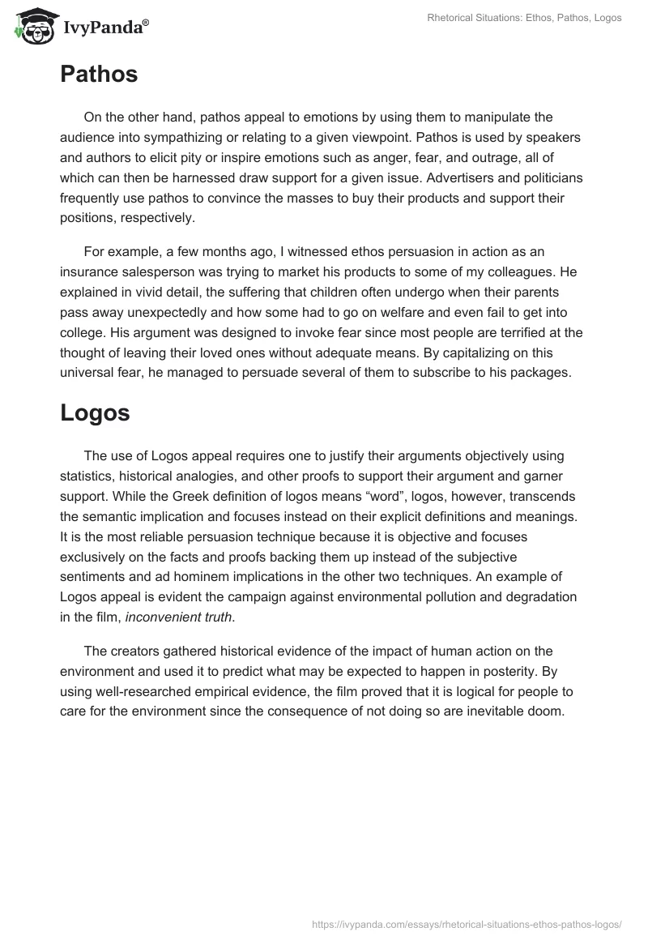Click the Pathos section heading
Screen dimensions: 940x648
(99, 75)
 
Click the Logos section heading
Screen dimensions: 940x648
(95, 412)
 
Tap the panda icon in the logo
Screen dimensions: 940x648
(31, 28)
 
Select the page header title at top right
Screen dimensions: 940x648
(524, 18)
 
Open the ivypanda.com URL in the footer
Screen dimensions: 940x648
(466, 923)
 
